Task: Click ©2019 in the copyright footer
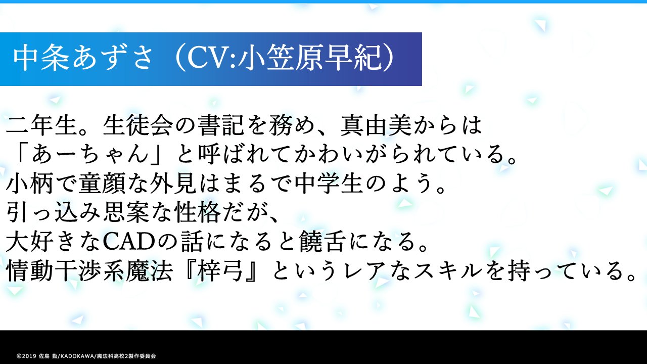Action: tap(26, 356)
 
